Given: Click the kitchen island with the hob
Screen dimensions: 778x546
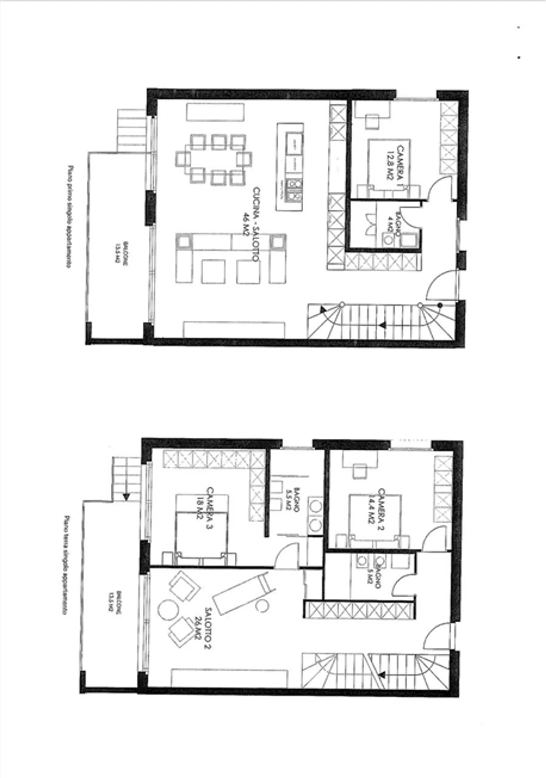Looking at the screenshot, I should [x=290, y=167].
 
